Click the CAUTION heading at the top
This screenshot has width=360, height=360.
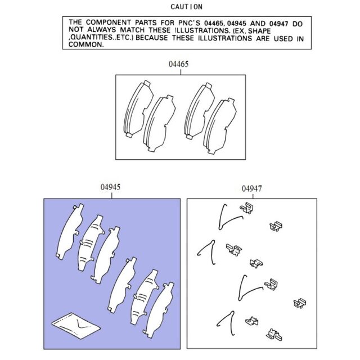(x=186, y=7)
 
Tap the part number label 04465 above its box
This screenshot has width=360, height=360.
(x=178, y=64)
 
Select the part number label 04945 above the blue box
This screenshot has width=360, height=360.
(x=110, y=187)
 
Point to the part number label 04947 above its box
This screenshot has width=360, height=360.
(x=251, y=189)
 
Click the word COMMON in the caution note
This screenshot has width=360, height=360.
(x=86, y=44)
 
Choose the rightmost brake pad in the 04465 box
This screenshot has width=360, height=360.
(x=220, y=126)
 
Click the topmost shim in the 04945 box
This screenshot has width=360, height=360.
(x=70, y=231)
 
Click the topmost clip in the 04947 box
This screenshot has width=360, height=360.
(x=247, y=208)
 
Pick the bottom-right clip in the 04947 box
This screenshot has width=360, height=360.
(x=274, y=334)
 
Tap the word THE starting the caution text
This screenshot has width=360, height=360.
(x=75, y=22)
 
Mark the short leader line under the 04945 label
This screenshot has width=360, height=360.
(x=111, y=195)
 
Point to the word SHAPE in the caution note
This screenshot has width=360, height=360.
(x=259, y=30)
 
